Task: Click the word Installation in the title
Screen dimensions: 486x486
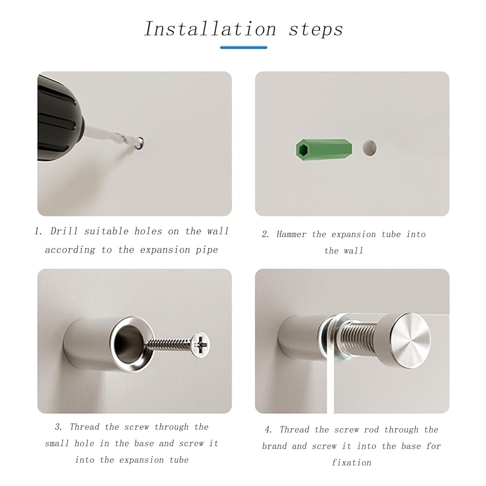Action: [x=210, y=29]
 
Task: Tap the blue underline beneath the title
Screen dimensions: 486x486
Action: [x=243, y=48]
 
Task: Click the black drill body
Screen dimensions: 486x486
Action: [x=59, y=118]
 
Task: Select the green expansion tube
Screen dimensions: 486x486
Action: [x=324, y=149]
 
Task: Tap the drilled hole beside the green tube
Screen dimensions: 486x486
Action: [x=369, y=148]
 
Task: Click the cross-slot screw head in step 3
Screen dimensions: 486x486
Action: [x=201, y=345]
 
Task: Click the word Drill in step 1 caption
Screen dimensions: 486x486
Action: [x=64, y=231]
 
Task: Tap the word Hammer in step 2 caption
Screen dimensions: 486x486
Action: [x=291, y=234]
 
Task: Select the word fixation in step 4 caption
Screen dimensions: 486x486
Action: [x=351, y=463]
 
